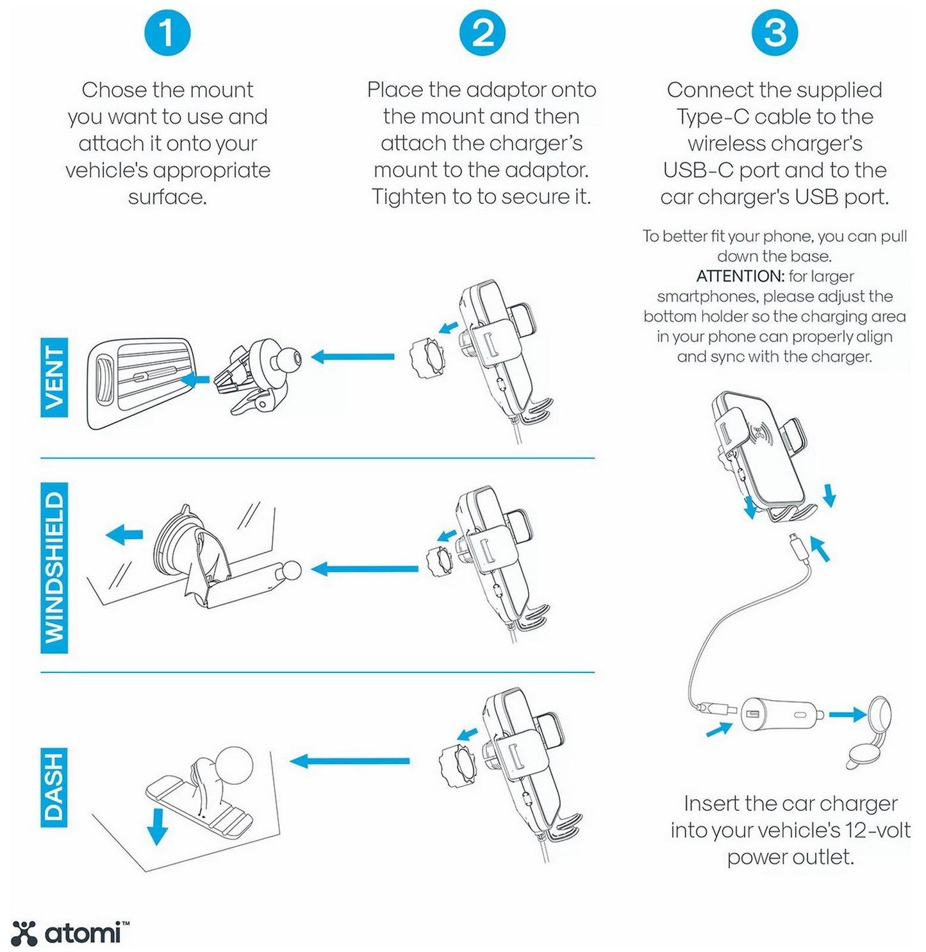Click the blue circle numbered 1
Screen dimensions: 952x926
[x=167, y=33]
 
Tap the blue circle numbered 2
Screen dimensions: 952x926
[x=483, y=33]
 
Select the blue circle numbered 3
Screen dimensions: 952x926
[x=775, y=33]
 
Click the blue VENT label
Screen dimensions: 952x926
[x=54, y=378]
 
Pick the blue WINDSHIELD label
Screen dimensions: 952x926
[x=54, y=568]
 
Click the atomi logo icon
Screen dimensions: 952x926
[x=24, y=933]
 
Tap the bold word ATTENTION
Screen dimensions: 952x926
[x=740, y=276]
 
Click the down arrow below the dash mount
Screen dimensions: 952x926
[x=157, y=827]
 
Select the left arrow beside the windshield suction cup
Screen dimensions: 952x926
[x=124, y=533]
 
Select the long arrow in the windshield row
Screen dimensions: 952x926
[x=365, y=569]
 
